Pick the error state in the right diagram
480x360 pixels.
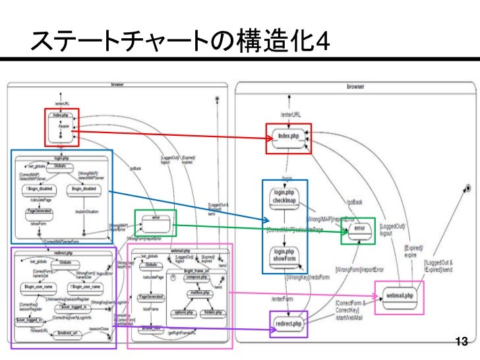click(x=358, y=229)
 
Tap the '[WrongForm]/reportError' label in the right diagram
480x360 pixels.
click(x=359, y=270)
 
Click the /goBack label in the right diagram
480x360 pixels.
click(x=354, y=200)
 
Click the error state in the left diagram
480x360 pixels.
click(x=156, y=218)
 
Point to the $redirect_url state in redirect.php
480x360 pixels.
click(x=69, y=334)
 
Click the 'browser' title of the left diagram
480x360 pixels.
click(x=117, y=84)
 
